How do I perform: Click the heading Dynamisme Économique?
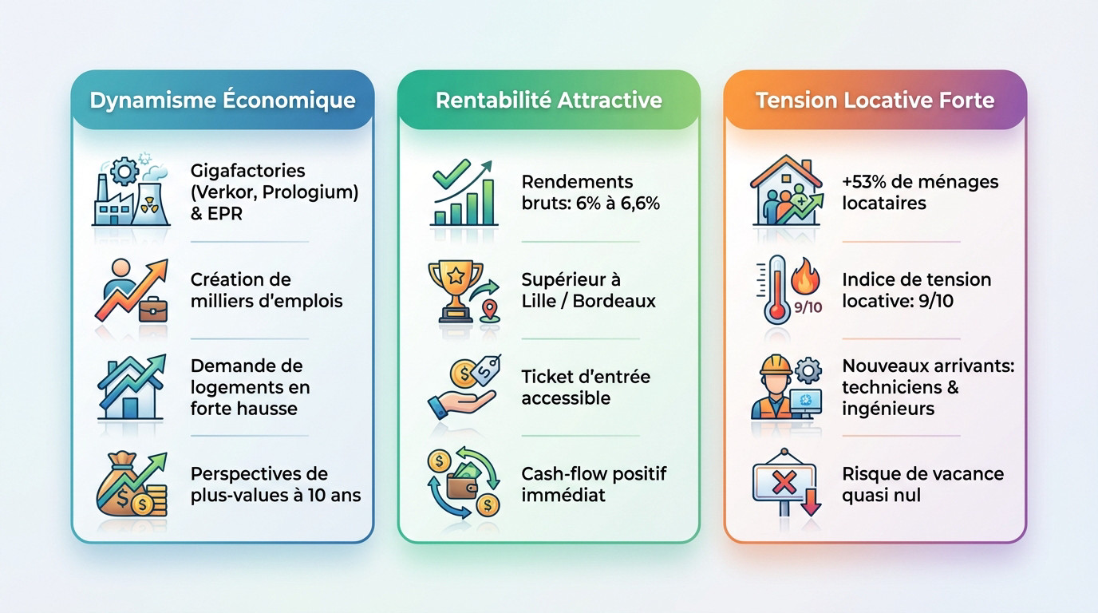tap(222, 101)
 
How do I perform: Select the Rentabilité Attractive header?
tap(548, 101)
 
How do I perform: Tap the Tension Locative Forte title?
tap(875, 101)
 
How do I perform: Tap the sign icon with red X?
tap(786, 484)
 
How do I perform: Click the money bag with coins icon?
tap(132, 484)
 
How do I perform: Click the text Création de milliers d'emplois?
tap(267, 291)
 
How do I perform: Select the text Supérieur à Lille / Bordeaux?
tap(588, 291)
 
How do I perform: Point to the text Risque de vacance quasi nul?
tap(922, 484)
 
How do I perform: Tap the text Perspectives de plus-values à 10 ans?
tap(275, 484)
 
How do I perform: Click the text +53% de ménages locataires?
tap(919, 192)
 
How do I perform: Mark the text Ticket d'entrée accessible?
tap(586, 387)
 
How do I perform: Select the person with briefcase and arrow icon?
tap(132, 291)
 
